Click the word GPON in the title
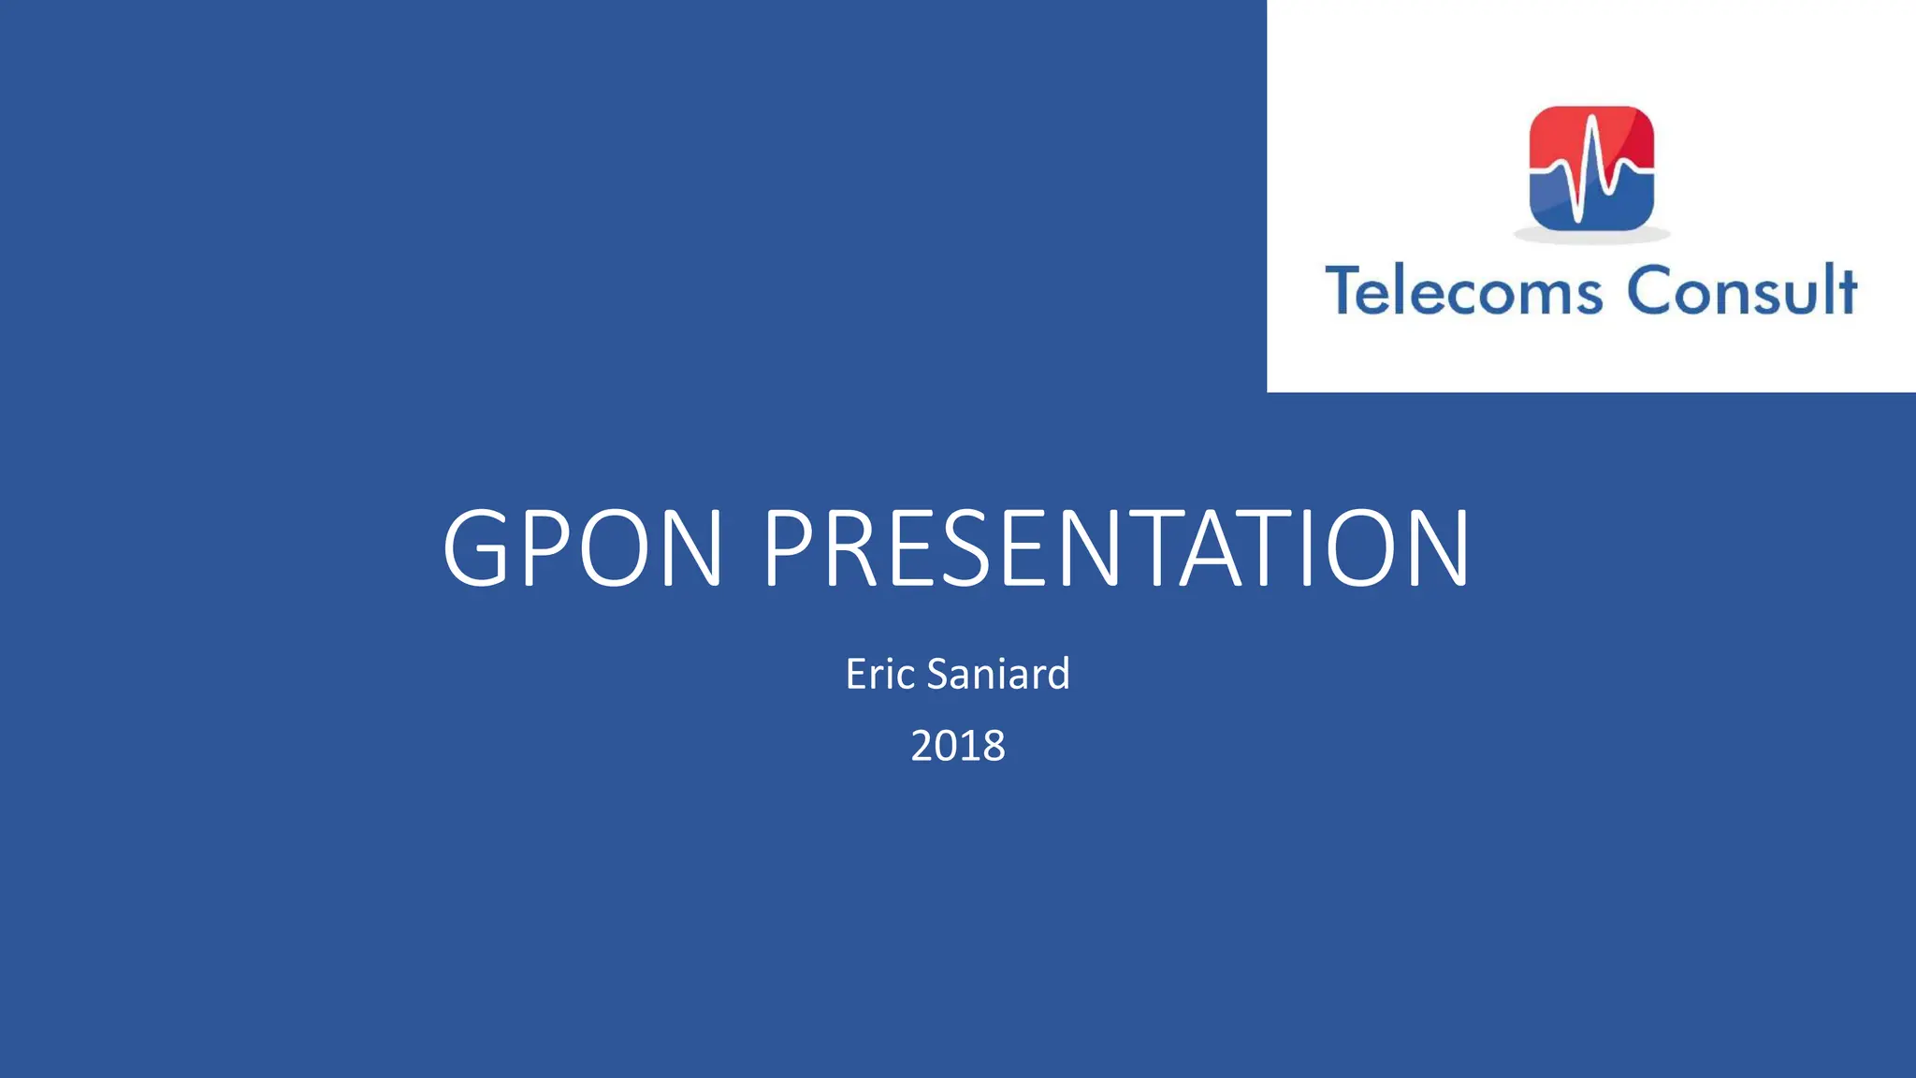[582, 548]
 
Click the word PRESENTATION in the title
[1117, 548]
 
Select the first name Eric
[879, 675]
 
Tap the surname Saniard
[997, 675]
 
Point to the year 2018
[958, 747]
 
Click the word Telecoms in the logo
[1464, 291]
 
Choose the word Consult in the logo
[1742, 291]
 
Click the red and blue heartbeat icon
[1591, 168]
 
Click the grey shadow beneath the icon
[1591, 236]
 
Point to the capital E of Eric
[855, 675]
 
